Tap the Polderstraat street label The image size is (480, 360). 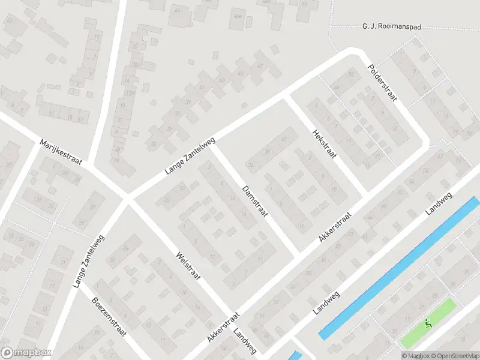382,83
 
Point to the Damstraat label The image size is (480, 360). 254,201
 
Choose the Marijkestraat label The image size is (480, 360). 60,152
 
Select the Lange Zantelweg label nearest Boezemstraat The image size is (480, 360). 88,262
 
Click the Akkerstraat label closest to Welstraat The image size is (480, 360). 223,327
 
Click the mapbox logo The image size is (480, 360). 26,353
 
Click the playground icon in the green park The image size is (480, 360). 428,325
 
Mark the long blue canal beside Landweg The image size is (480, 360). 399,268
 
